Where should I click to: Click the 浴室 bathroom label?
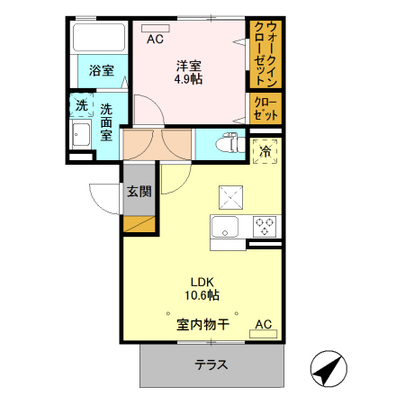point(101,71)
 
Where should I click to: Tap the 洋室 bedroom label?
point(187,66)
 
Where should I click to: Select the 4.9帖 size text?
point(187,80)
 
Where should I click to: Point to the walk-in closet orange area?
point(265,52)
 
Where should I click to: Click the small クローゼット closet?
point(265,109)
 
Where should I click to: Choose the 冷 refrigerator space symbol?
point(265,151)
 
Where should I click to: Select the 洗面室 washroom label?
point(106,122)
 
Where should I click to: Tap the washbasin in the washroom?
point(81,138)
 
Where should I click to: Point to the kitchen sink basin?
point(224,225)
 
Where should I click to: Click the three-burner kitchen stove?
point(265,225)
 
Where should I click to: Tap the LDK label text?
point(201,279)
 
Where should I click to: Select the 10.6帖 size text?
point(201,294)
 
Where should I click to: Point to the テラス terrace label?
point(211,365)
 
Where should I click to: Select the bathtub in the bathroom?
point(101,37)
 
